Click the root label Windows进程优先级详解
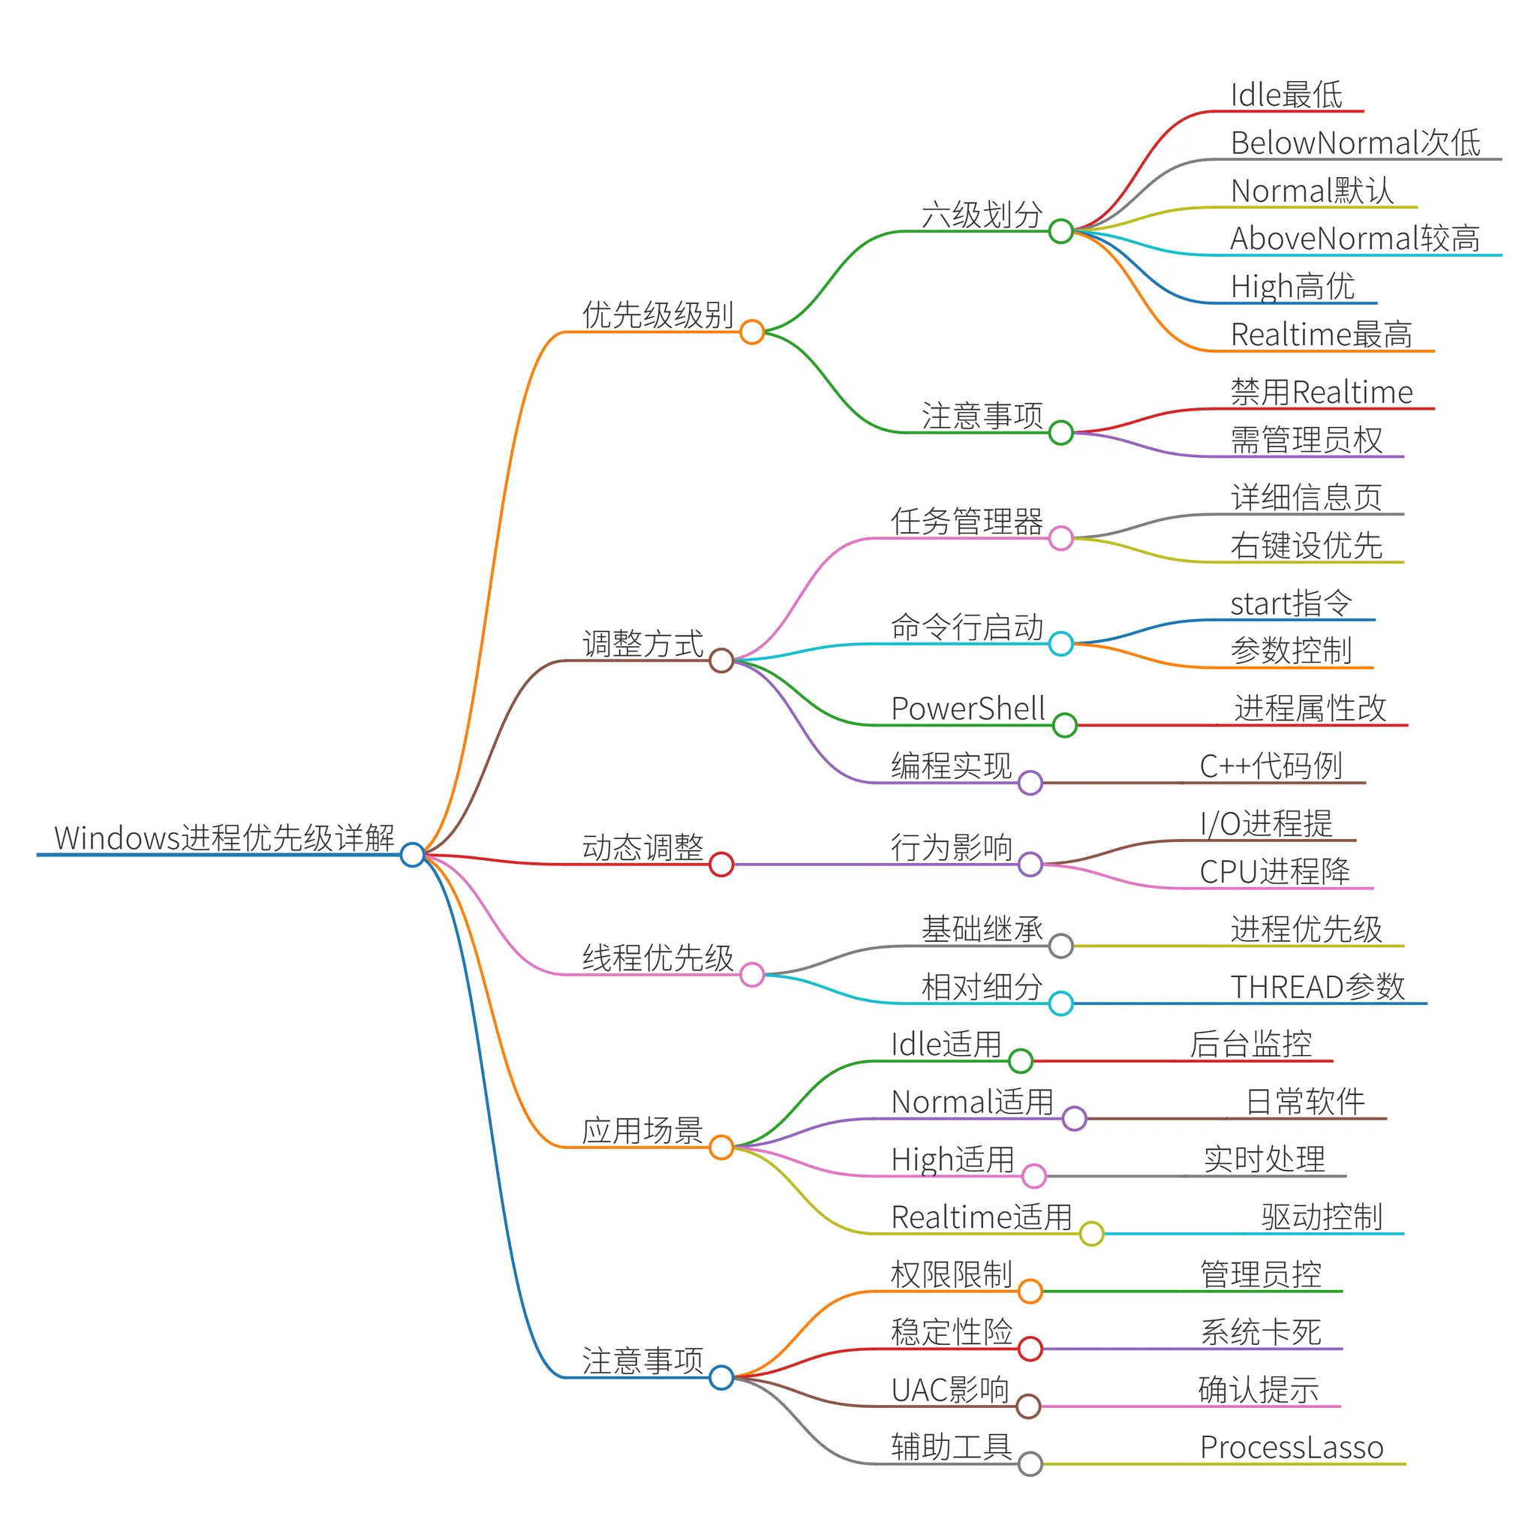pyautogui.click(x=224, y=838)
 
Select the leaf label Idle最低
pyautogui.click(x=1286, y=95)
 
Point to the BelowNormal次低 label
pyautogui.click(x=1355, y=143)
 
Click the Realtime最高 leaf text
pyautogui.click(x=1321, y=334)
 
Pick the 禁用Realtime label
pyautogui.click(x=1322, y=393)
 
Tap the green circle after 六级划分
pyautogui.click(x=1060, y=231)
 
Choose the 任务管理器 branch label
pyautogui.click(x=967, y=521)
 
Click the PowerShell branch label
pyautogui.click(x=967, y=708)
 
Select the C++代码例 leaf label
pyautogui.click(x=1271, y=766)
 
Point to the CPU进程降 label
pyautogui.click(x=1274, y=871)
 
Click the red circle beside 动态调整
pyautogui.click(x=720, y=864)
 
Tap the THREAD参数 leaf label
pyautogui.click(x=1317, y=986)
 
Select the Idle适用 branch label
pyautogui.click(x=945, y=1044)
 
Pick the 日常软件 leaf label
pyautogui.click(x=1304, y=1102)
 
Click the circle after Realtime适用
pyautogui.click(x=1091, y=1234)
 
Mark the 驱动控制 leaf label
pyautogui.click(x=1322, y=1217)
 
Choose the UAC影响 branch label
pyautogui.click(x=950, y=1390)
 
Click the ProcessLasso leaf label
pyautogui.click(x=1291, y=1447)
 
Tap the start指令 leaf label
pyautogui.click(x=1290, y=603)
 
